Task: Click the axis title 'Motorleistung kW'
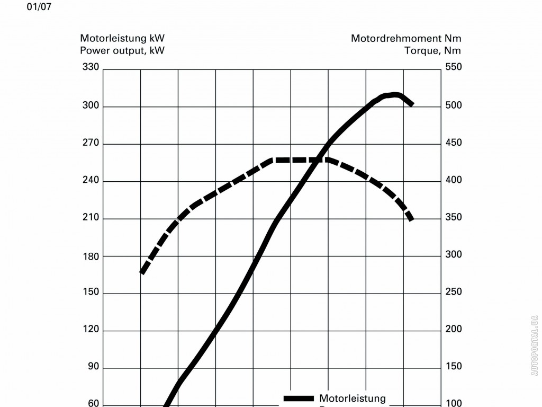pos(122,38)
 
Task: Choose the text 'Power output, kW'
pos(122,51)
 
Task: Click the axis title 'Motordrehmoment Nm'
pos(406,38)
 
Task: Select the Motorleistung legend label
pos(353,398)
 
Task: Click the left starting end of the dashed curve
pos(142,272)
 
